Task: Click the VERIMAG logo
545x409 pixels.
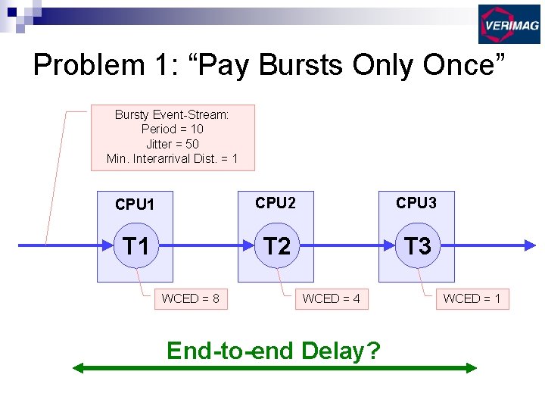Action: point(509,24)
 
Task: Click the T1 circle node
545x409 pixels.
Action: point(135,245)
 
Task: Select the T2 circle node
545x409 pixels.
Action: point(276,245)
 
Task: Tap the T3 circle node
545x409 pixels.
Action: point(417,245)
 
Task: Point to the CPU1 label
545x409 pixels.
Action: point(135,204)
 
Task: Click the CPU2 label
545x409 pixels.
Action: point(276,203)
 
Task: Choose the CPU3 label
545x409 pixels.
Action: point(416,203)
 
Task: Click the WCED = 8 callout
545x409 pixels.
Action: point(190,298)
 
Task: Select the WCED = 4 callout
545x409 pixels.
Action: point(331,298)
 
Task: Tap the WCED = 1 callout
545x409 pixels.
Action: point(472,298)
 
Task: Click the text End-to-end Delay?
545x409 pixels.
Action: point(273,351)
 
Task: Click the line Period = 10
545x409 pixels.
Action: point(172,129)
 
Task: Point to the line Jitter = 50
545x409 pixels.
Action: point(172,144)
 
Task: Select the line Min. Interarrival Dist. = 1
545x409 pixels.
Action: point(172,158)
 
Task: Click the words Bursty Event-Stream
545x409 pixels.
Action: point(172,114)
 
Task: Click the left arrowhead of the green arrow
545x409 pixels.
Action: point(77,368)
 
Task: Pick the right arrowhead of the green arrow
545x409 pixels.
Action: point(472,368)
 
